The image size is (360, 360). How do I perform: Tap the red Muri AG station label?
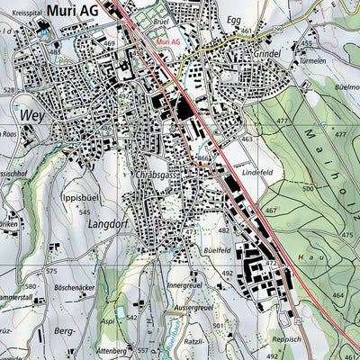[167, 42]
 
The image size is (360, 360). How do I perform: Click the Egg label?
[260, 18]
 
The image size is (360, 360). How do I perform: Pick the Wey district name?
[31, 115]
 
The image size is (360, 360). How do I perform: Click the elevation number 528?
[9, 90]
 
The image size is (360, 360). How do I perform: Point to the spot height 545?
[84, 212]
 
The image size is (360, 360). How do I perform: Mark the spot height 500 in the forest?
[309, 189]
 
